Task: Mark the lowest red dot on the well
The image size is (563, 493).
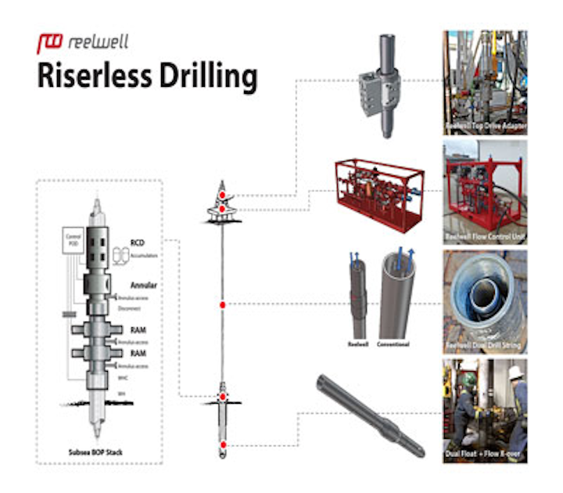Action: pyautogui.click(x=223, y=444)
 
